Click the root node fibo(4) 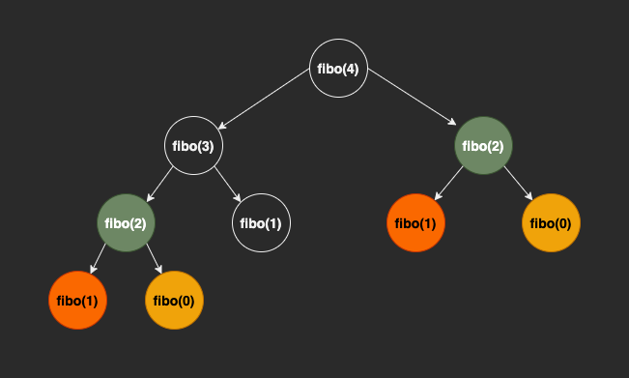[x=339, y=69]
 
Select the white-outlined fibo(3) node [x=194, y=146]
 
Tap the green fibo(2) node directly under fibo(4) [x=484, y=146]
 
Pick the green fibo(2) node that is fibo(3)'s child [x=127, y=223]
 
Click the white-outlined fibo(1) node [x=262, y=223]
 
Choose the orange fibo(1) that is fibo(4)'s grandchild [x=416, y=223]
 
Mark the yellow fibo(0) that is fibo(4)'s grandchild [x=552, y=223]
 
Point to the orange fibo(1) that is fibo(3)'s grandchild [x=78, y=301]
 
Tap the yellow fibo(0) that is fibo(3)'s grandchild [x=175, y=301]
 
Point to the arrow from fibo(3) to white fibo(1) [x=228, y=185]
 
